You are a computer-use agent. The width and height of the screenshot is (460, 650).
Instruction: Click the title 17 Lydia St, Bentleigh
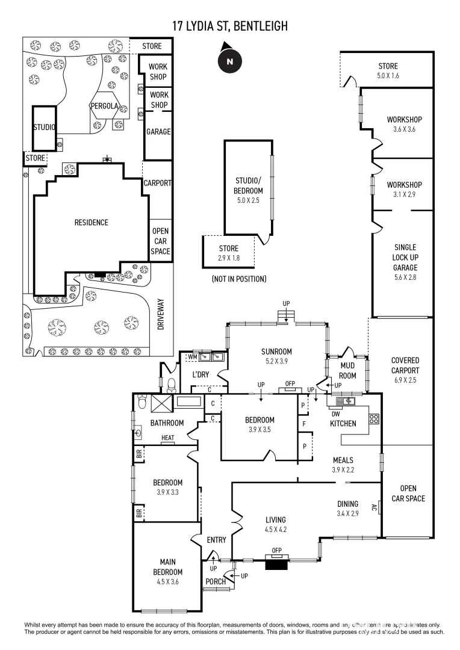coord(229,25)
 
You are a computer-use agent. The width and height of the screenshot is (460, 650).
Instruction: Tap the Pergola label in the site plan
coord(104,106)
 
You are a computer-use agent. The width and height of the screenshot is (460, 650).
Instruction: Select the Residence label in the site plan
coord(91,223)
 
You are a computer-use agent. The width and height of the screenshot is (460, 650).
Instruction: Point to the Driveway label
coord(161,314)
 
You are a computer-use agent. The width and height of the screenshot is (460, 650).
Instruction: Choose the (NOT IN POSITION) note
coord(238,279)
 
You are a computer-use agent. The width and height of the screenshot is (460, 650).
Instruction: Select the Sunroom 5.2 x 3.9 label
coord(276,356)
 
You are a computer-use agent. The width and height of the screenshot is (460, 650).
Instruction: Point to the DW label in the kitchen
coord(335,413)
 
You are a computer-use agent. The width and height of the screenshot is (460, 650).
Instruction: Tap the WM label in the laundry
coord(193,357)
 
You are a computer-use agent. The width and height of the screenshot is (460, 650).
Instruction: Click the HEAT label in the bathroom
coord(167,438)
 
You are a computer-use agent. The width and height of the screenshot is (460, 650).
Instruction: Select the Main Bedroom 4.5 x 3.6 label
coord(167,572)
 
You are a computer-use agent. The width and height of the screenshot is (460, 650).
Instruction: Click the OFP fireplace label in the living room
coord(277,550)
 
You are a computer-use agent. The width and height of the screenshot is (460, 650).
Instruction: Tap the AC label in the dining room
coord(374,507)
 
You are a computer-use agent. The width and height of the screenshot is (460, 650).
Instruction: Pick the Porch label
coord(216,581)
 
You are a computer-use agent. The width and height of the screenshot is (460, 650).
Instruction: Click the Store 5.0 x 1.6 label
coord(388,71)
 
